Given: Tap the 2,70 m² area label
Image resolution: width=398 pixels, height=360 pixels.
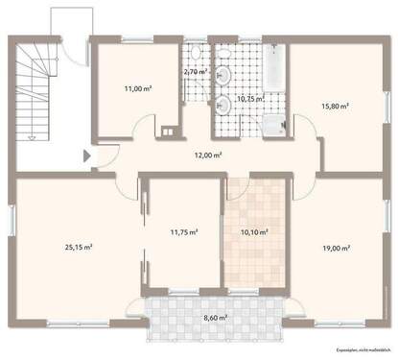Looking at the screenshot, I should pos(196,72).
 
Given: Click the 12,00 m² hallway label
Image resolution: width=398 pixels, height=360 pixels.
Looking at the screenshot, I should pos(209,155).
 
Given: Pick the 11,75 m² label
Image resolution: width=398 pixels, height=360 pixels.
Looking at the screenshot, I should pos(183,231).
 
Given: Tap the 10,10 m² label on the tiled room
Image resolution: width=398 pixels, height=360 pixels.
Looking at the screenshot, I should pos(252,231).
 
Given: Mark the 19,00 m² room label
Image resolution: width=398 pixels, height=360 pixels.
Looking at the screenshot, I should pos(335,247).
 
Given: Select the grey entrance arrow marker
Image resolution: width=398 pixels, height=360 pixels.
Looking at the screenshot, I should pos(88,154).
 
